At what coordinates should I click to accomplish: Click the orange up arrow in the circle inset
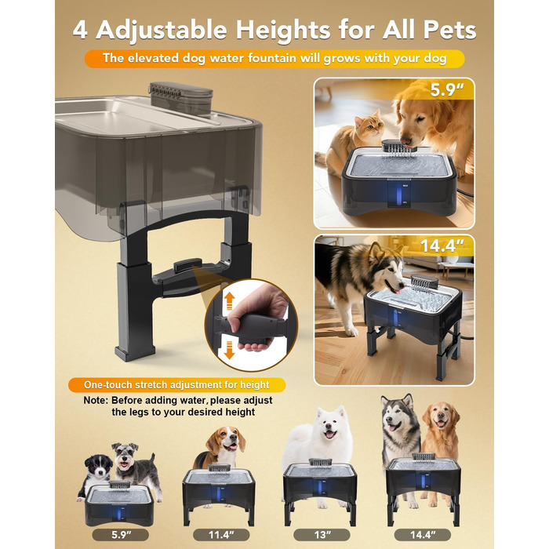click(x=229, y=301)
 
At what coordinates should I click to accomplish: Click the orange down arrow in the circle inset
click(x=229, y=351)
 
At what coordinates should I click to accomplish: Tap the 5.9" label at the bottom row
click(x=121, y=535)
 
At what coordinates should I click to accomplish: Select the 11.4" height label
click(x=221, y=535)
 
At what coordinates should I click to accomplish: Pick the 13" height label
click(x=322, y=535)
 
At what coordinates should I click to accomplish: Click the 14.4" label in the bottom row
click(x=423, y=535)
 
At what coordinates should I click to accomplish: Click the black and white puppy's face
click(x=100, y=467)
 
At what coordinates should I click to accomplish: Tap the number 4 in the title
click(x=81, y=30)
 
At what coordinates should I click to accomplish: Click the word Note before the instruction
click(x=96, y=400)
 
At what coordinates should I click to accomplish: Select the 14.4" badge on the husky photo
click(x=442, y=245)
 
